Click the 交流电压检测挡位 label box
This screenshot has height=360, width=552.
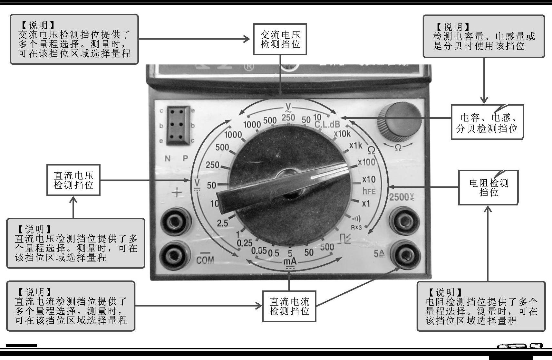point(280,39)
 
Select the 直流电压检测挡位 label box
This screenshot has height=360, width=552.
point(73,180)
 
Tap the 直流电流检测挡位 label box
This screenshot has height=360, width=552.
point(289,306)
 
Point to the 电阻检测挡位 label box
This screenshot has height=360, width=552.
point(489,187)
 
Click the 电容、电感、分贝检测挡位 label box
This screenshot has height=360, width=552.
point(487,122)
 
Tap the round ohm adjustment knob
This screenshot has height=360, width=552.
point(400,120)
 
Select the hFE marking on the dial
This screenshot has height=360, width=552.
point(369,191)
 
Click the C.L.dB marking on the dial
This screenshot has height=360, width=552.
point(327,125)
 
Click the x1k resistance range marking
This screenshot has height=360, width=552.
point(356,146)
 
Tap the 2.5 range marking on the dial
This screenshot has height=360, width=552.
point(222,223)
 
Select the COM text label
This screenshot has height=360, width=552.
point(205,260)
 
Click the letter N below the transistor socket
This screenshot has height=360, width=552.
point(167,158)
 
